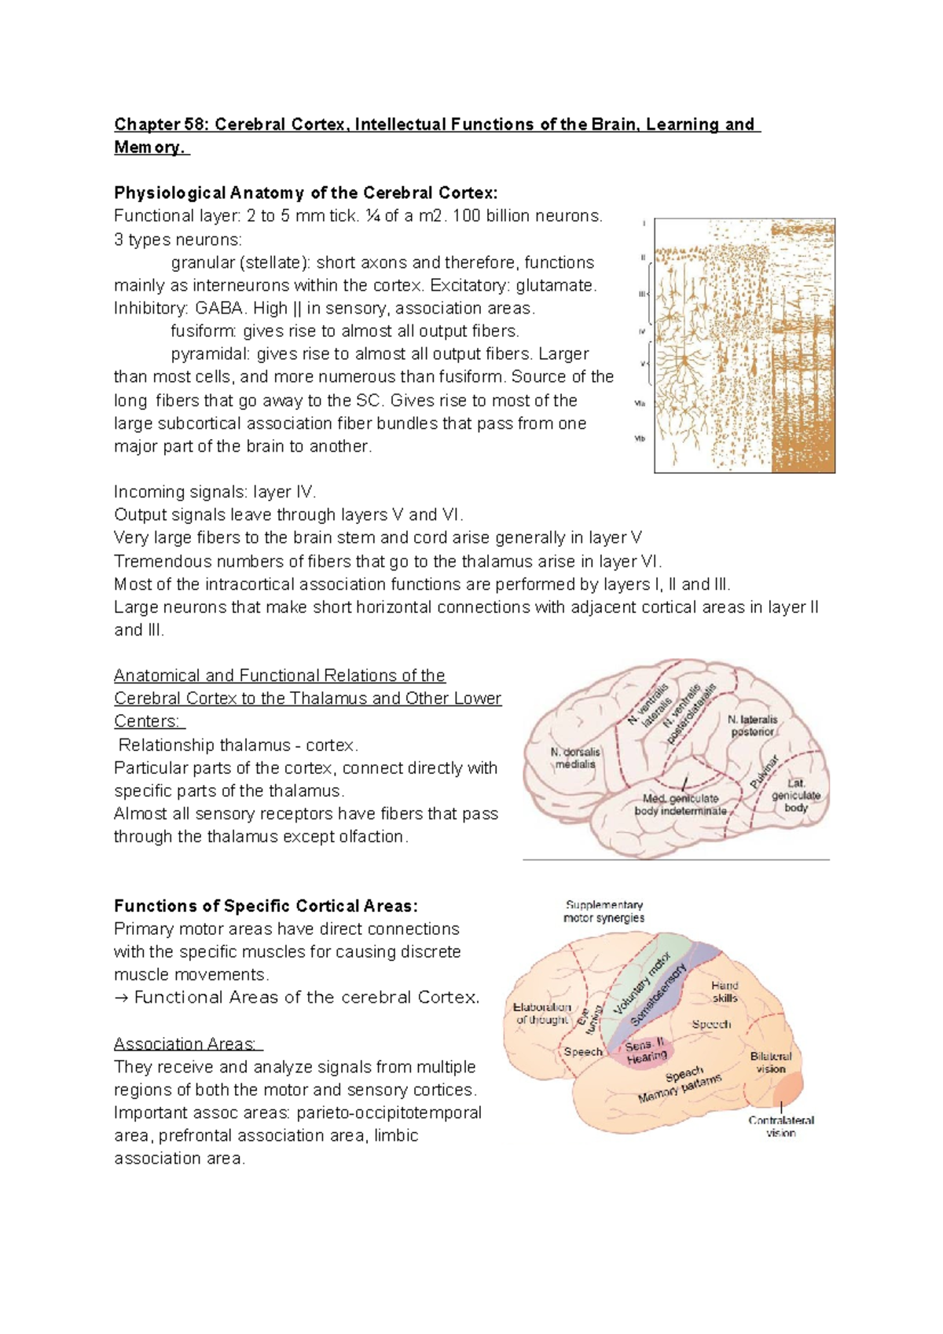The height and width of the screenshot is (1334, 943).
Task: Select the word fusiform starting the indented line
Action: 203,331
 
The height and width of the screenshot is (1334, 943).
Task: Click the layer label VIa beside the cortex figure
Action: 640,403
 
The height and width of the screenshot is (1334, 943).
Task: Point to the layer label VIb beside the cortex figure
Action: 640,439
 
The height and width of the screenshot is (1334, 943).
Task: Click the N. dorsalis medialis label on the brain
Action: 575,757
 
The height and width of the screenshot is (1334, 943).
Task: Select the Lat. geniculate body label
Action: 795,795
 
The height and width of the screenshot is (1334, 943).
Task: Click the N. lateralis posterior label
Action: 752,725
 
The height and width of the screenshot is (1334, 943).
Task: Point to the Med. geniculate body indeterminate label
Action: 681,804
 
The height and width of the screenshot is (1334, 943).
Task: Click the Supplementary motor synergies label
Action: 604,911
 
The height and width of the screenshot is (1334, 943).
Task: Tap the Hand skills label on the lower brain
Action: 725,991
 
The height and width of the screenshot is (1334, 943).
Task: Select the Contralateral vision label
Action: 781,1127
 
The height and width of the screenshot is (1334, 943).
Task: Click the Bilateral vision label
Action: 771,1062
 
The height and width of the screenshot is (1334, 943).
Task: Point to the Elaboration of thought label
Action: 542,1013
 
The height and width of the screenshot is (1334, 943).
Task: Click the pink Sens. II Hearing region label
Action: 646,1052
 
